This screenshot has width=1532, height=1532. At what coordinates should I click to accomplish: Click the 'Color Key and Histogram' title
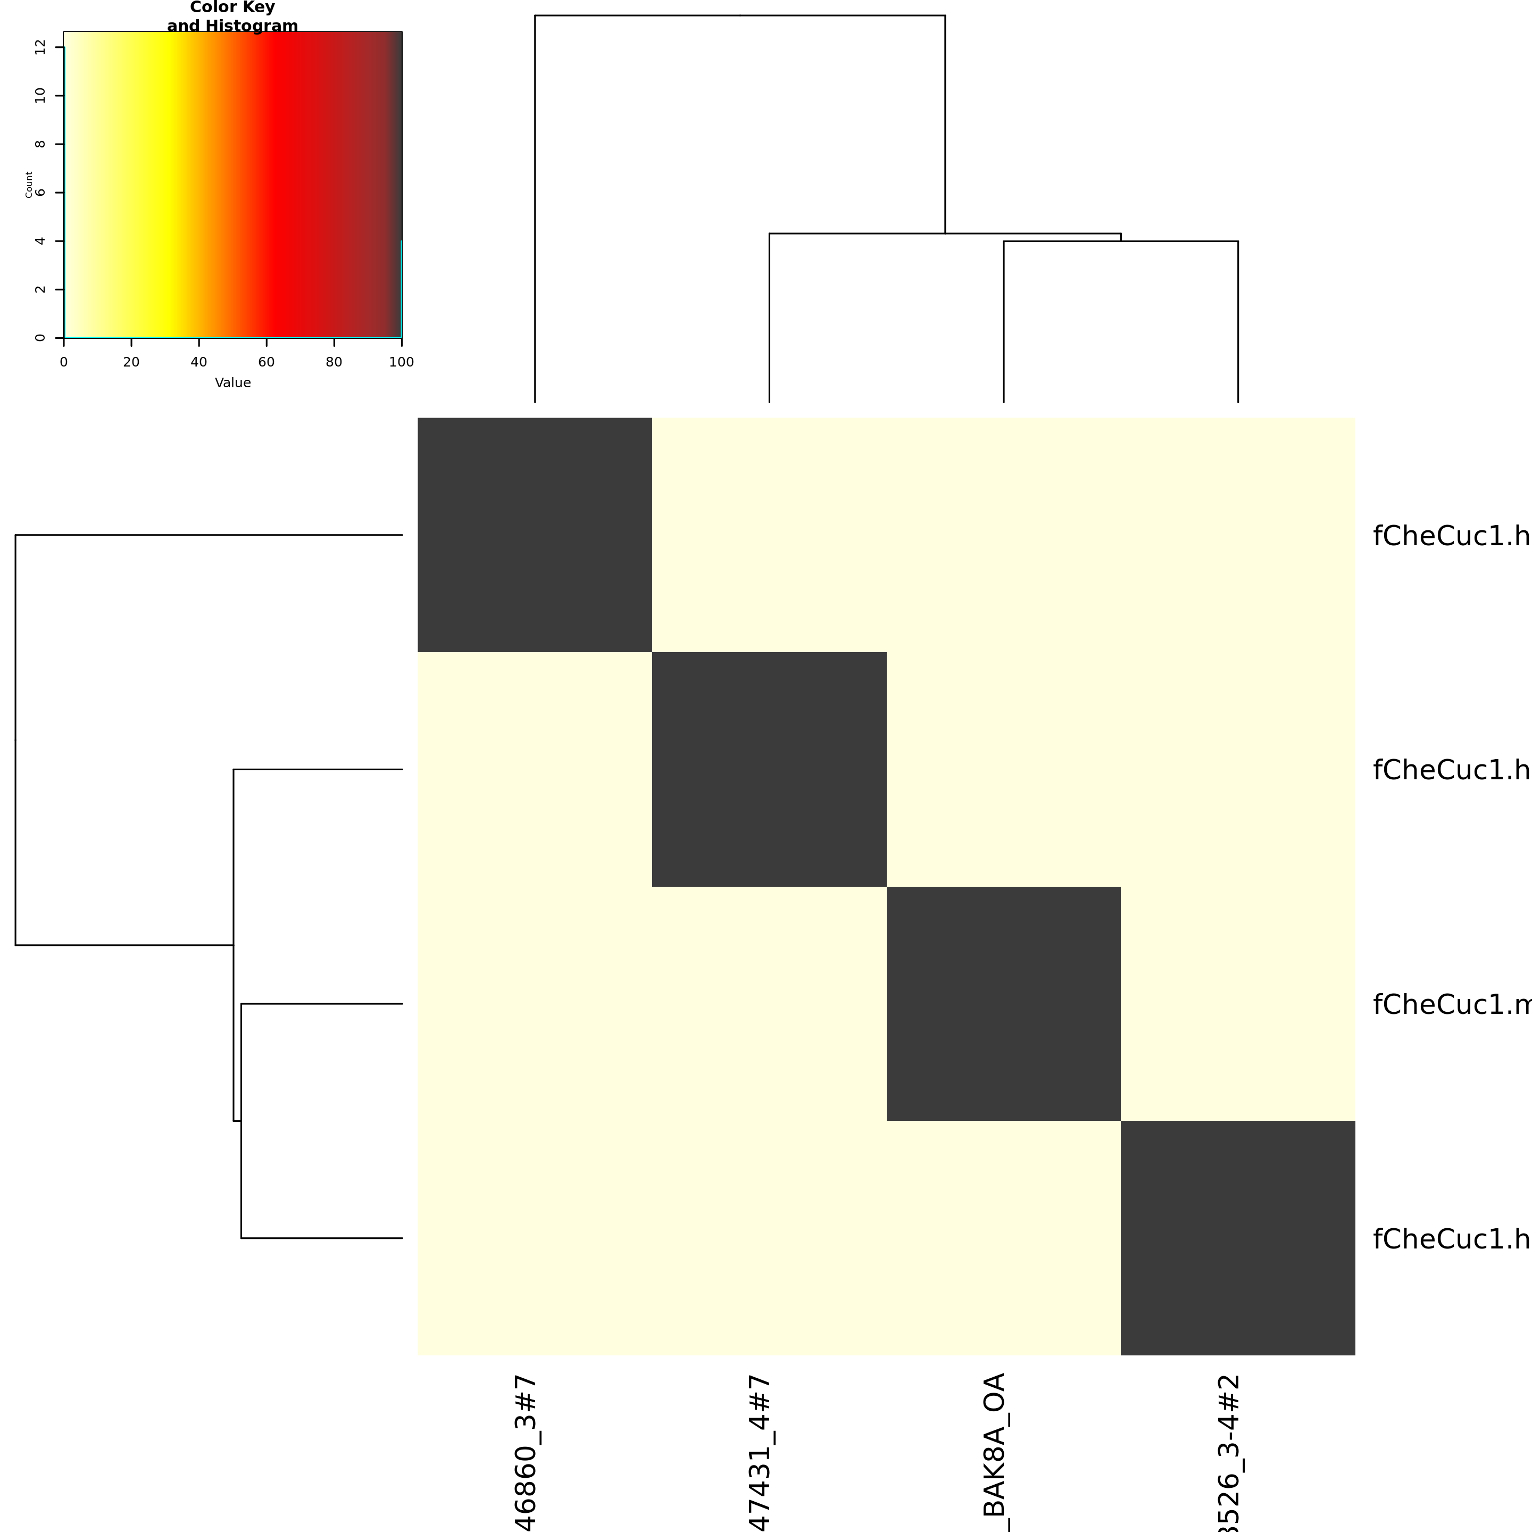click(232, 16)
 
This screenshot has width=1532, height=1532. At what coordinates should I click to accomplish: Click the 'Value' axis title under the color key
click(232, 383)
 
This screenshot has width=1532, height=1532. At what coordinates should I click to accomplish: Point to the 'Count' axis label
click(29, 185)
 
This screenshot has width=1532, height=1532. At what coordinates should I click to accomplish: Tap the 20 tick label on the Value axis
click(131, 362)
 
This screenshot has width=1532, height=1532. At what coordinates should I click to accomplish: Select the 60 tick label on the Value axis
click(267, 362)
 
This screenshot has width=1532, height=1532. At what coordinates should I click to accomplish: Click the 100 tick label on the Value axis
click(401, 362)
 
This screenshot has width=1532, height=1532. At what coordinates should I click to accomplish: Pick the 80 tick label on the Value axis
click(334, 362)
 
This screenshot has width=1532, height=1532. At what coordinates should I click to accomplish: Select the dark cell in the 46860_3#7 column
click(535, 535)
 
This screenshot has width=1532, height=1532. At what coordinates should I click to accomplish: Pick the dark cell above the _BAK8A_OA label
click(1003, 1003)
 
